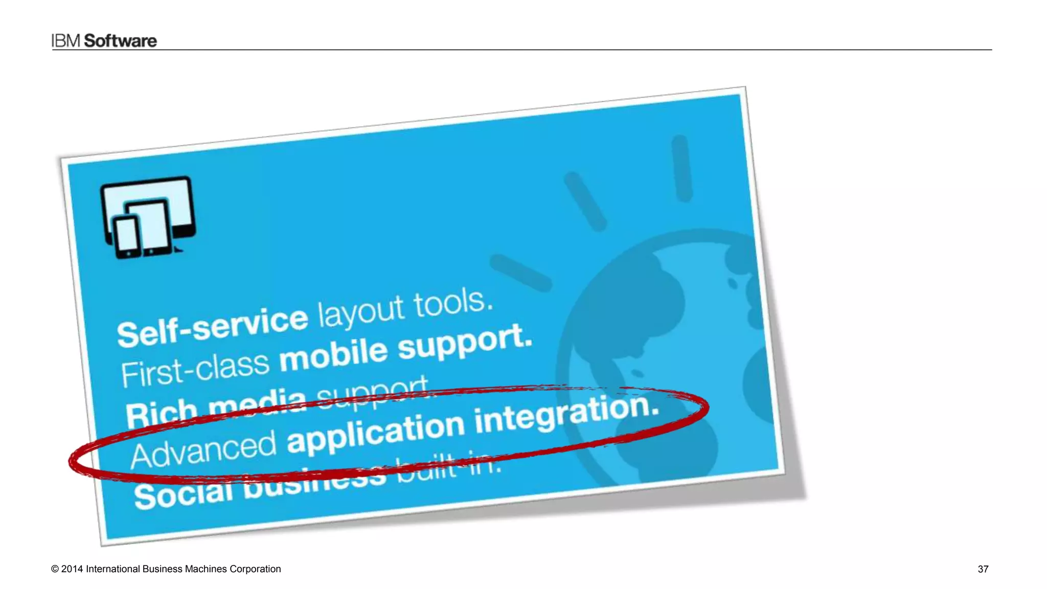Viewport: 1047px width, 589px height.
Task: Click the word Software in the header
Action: coord(120,41)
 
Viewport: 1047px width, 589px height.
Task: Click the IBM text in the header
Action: coord(66,41)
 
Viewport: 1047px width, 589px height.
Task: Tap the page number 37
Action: coord(983,569)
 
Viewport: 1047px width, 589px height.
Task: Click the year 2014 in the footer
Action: coord(72,569)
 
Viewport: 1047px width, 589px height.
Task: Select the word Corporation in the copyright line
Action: coord(255,569)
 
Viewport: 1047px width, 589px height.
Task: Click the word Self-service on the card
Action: coord(212,328)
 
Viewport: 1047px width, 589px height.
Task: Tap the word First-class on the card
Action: coord(195,369)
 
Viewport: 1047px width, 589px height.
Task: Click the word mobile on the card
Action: coord(333,355)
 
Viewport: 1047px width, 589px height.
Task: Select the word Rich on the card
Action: coord(161,414)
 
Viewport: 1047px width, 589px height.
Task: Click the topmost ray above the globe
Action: coord(682,168)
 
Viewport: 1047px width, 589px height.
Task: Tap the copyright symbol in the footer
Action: coord(55,569)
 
